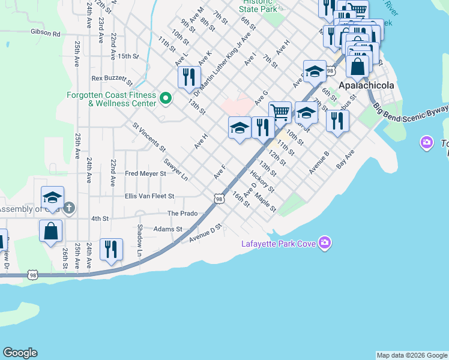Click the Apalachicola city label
tap(366, 85)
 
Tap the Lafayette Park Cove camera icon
tap(325, 243)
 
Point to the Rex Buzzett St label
tap(112, 79)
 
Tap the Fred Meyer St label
tap(145, 174)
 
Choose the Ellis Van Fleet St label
tap(149, 196)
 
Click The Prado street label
tap(182, 214)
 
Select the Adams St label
tap(167, 229)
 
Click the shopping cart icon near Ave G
tap(280, 112)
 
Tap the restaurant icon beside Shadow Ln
tap(111, 248)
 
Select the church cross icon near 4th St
tap(69, 208)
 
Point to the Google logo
tap(20, 353)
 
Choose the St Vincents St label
tap(149, 137)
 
